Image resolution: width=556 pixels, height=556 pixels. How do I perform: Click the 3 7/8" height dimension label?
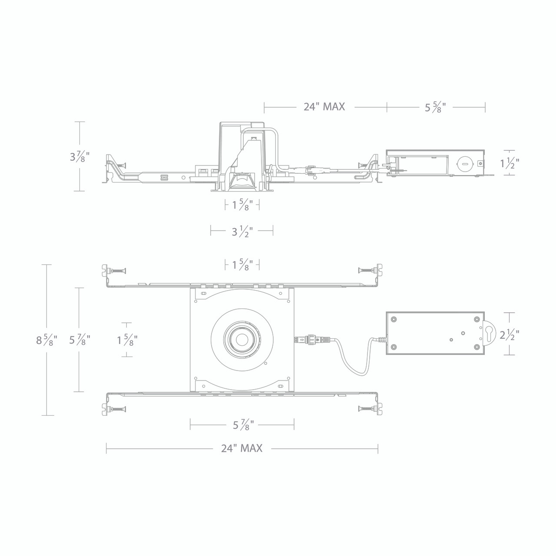[80, 156]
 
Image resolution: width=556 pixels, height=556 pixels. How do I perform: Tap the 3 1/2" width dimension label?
[242, 231]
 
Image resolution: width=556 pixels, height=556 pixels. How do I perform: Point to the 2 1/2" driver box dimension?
[509, 334]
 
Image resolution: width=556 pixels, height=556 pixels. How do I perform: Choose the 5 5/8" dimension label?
[436, 107]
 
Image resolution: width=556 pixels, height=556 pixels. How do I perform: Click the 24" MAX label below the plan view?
[242, 448]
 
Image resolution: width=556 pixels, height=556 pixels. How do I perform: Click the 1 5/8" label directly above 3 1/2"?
[242, 205]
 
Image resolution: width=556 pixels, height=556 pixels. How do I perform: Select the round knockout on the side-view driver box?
[463, 164]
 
